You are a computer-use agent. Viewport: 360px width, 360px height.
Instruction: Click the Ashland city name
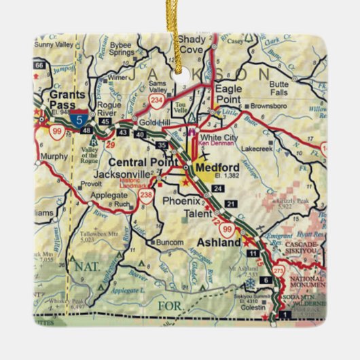219,242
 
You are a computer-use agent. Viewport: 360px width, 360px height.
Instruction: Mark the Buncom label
170,242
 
